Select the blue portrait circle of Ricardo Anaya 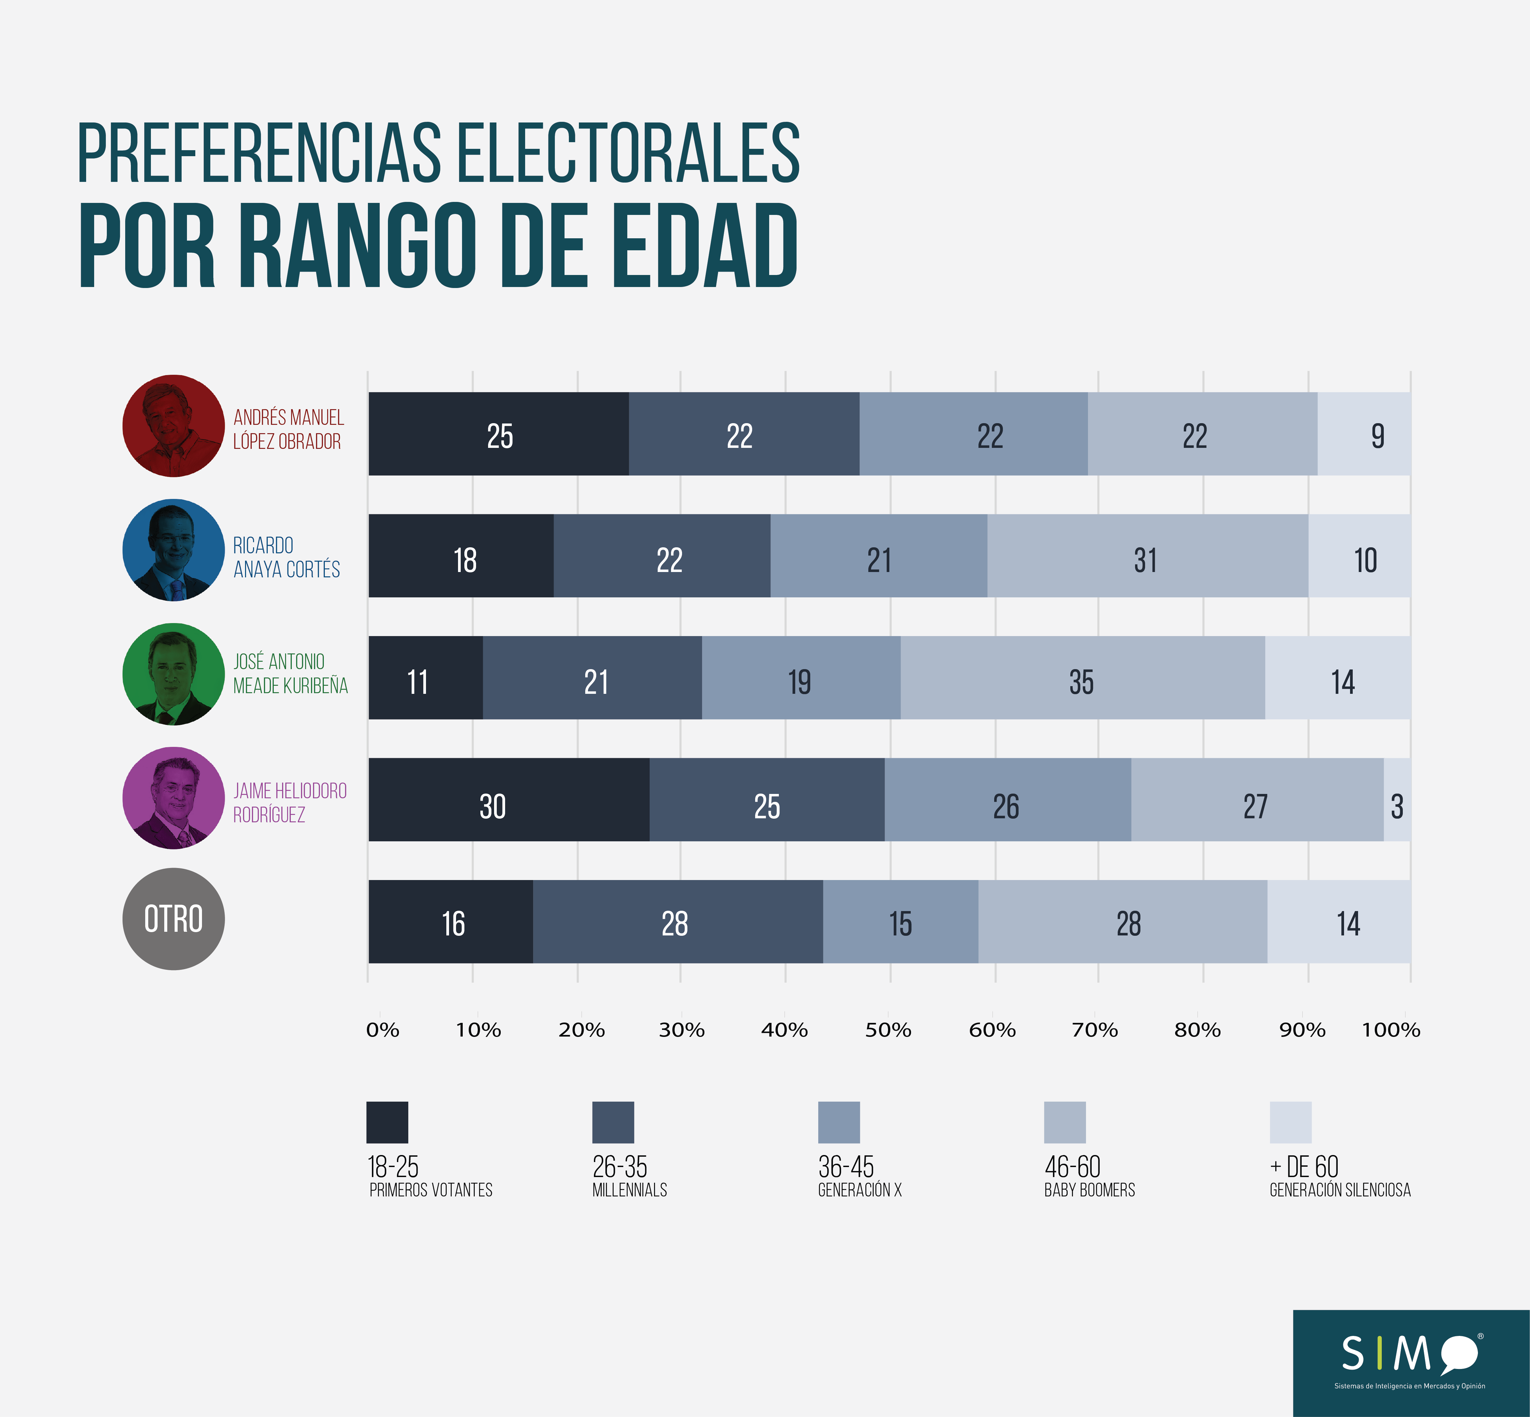pos(173,550)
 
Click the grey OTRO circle pos(173,919)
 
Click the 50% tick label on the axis pos(888,1030)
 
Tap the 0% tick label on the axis pos(382,1030)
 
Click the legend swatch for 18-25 pos(387,1123)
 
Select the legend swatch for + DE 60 pos(1291,1123)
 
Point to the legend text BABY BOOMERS pos(1089,1190)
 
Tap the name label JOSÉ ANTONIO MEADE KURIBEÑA pos(290,673)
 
